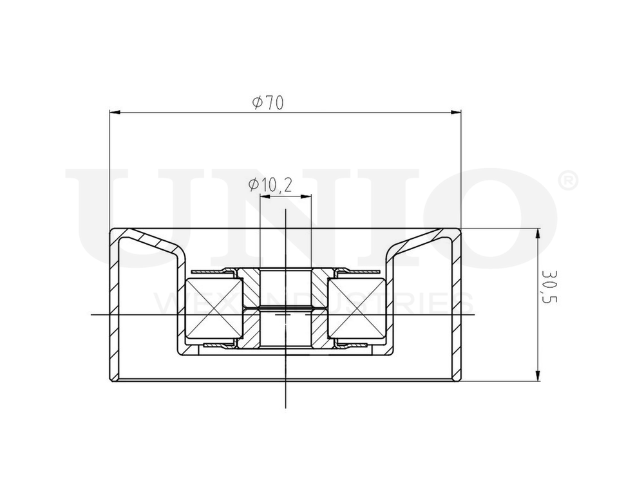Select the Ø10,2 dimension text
270,185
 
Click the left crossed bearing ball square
209,307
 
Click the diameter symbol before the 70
257,103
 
